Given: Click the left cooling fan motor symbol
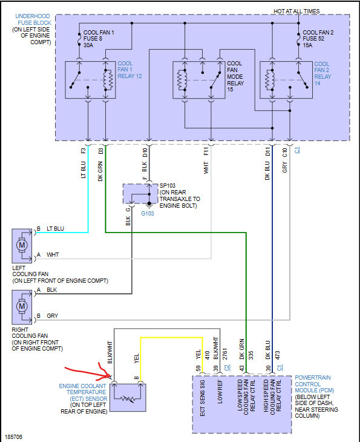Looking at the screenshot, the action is (22, 245).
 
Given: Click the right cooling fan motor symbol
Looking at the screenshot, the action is (22, 306).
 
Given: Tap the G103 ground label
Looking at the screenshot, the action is (147, 213).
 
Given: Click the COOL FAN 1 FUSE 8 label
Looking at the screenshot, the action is (99, 39).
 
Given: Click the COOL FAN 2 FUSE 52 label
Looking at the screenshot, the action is (318, 39).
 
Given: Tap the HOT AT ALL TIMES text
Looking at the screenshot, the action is (296, 12).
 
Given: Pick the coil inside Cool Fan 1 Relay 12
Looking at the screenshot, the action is (109, 79).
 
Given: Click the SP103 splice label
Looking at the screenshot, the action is (168, 185).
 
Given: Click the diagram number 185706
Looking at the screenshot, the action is (13, 437).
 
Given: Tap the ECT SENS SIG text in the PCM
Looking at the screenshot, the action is (202, 398).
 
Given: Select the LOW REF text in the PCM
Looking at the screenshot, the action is (220, 392).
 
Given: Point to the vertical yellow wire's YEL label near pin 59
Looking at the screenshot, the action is (198, 354).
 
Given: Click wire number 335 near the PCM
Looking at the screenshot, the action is (250, 355).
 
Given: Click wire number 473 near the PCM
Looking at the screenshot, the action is (277, 355).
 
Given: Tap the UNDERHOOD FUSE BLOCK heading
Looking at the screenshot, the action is (33, 19).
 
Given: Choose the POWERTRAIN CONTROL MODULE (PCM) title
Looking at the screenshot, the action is (315, 384).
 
